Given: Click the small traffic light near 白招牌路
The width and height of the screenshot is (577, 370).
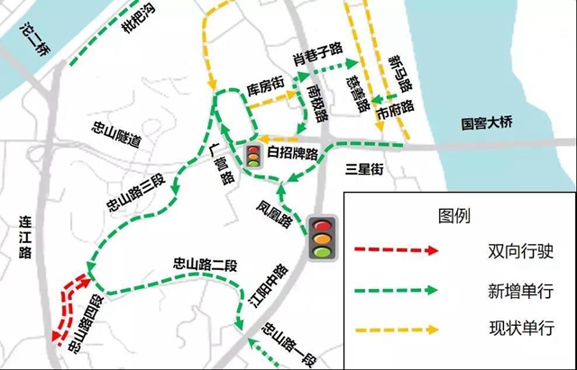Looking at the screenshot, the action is pos(253,155).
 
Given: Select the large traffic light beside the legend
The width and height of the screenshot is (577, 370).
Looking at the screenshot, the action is pos(321,237).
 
